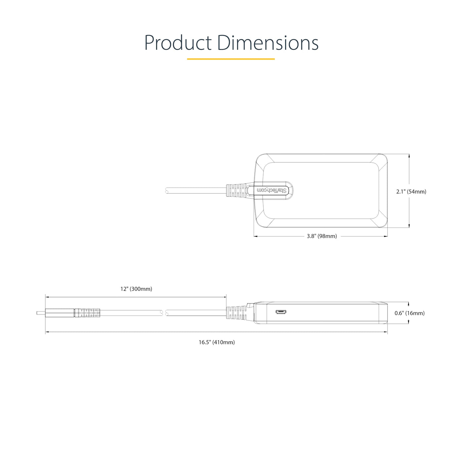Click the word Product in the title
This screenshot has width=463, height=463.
(x=178, y=43)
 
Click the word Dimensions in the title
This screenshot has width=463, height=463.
(x=268, y=43)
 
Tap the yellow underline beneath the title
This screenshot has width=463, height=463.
(x=231, y=59)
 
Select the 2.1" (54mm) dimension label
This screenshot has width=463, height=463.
(x=411, y=192)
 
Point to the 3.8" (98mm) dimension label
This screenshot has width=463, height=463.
(x=322, y=236)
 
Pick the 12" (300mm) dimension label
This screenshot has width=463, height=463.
(x=136, y=289)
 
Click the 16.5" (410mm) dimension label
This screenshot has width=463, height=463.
(x=217, y=342)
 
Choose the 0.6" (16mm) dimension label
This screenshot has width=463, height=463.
(x=409, y=313)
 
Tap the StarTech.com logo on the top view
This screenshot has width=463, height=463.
(x=272, y=190)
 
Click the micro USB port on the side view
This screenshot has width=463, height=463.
(x=281, y=312)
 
